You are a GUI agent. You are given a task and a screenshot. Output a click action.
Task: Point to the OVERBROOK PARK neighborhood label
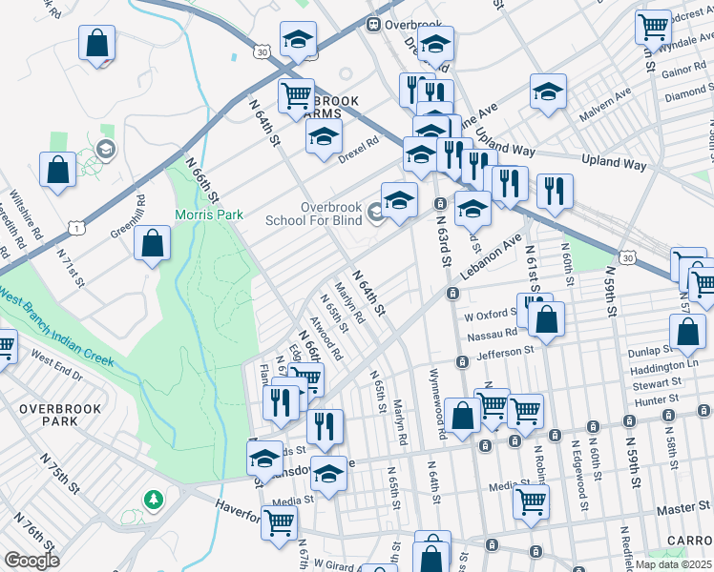click(47, 415)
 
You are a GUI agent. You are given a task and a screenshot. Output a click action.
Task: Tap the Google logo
click(31, 561)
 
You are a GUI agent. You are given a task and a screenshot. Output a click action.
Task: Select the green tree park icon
click(153, 499)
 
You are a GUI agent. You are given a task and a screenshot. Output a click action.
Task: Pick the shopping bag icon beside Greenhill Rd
click(153, 244)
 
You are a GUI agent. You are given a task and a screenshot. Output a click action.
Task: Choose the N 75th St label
click(59, 472)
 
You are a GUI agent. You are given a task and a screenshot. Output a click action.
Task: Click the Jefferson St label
click(501, 352)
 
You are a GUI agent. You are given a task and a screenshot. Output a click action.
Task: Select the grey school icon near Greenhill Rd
click(104, 149)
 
